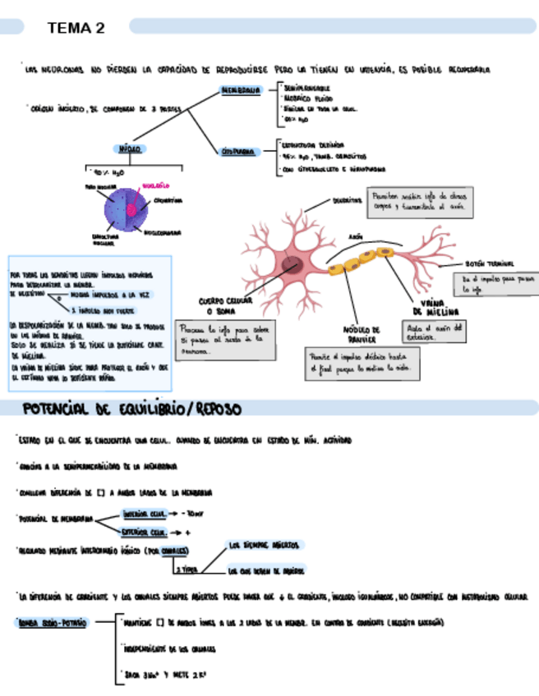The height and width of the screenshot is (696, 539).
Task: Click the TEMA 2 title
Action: tap(76, 28)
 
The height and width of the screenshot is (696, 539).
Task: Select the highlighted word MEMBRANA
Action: tap(240, 90)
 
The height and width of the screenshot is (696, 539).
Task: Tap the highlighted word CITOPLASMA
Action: tap(239, 151)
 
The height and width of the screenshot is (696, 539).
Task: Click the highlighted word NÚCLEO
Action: tap(130, 149)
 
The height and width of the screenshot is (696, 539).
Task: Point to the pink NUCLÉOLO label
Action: tap(155, 186)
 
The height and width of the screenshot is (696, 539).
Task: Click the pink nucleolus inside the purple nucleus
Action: tap(131, 208)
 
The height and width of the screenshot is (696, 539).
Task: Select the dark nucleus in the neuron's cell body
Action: tap(292, 265)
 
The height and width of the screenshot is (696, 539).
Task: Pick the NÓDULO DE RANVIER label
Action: tap(362, 333)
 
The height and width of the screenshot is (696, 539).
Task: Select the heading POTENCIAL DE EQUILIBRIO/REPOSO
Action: tap(131, 408)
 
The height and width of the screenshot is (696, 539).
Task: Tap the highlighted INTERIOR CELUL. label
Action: tap(145, 513)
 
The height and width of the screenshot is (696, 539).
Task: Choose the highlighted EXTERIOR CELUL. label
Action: tap(145, 532)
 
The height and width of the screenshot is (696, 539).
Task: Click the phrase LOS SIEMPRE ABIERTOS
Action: tap(265, 544)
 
